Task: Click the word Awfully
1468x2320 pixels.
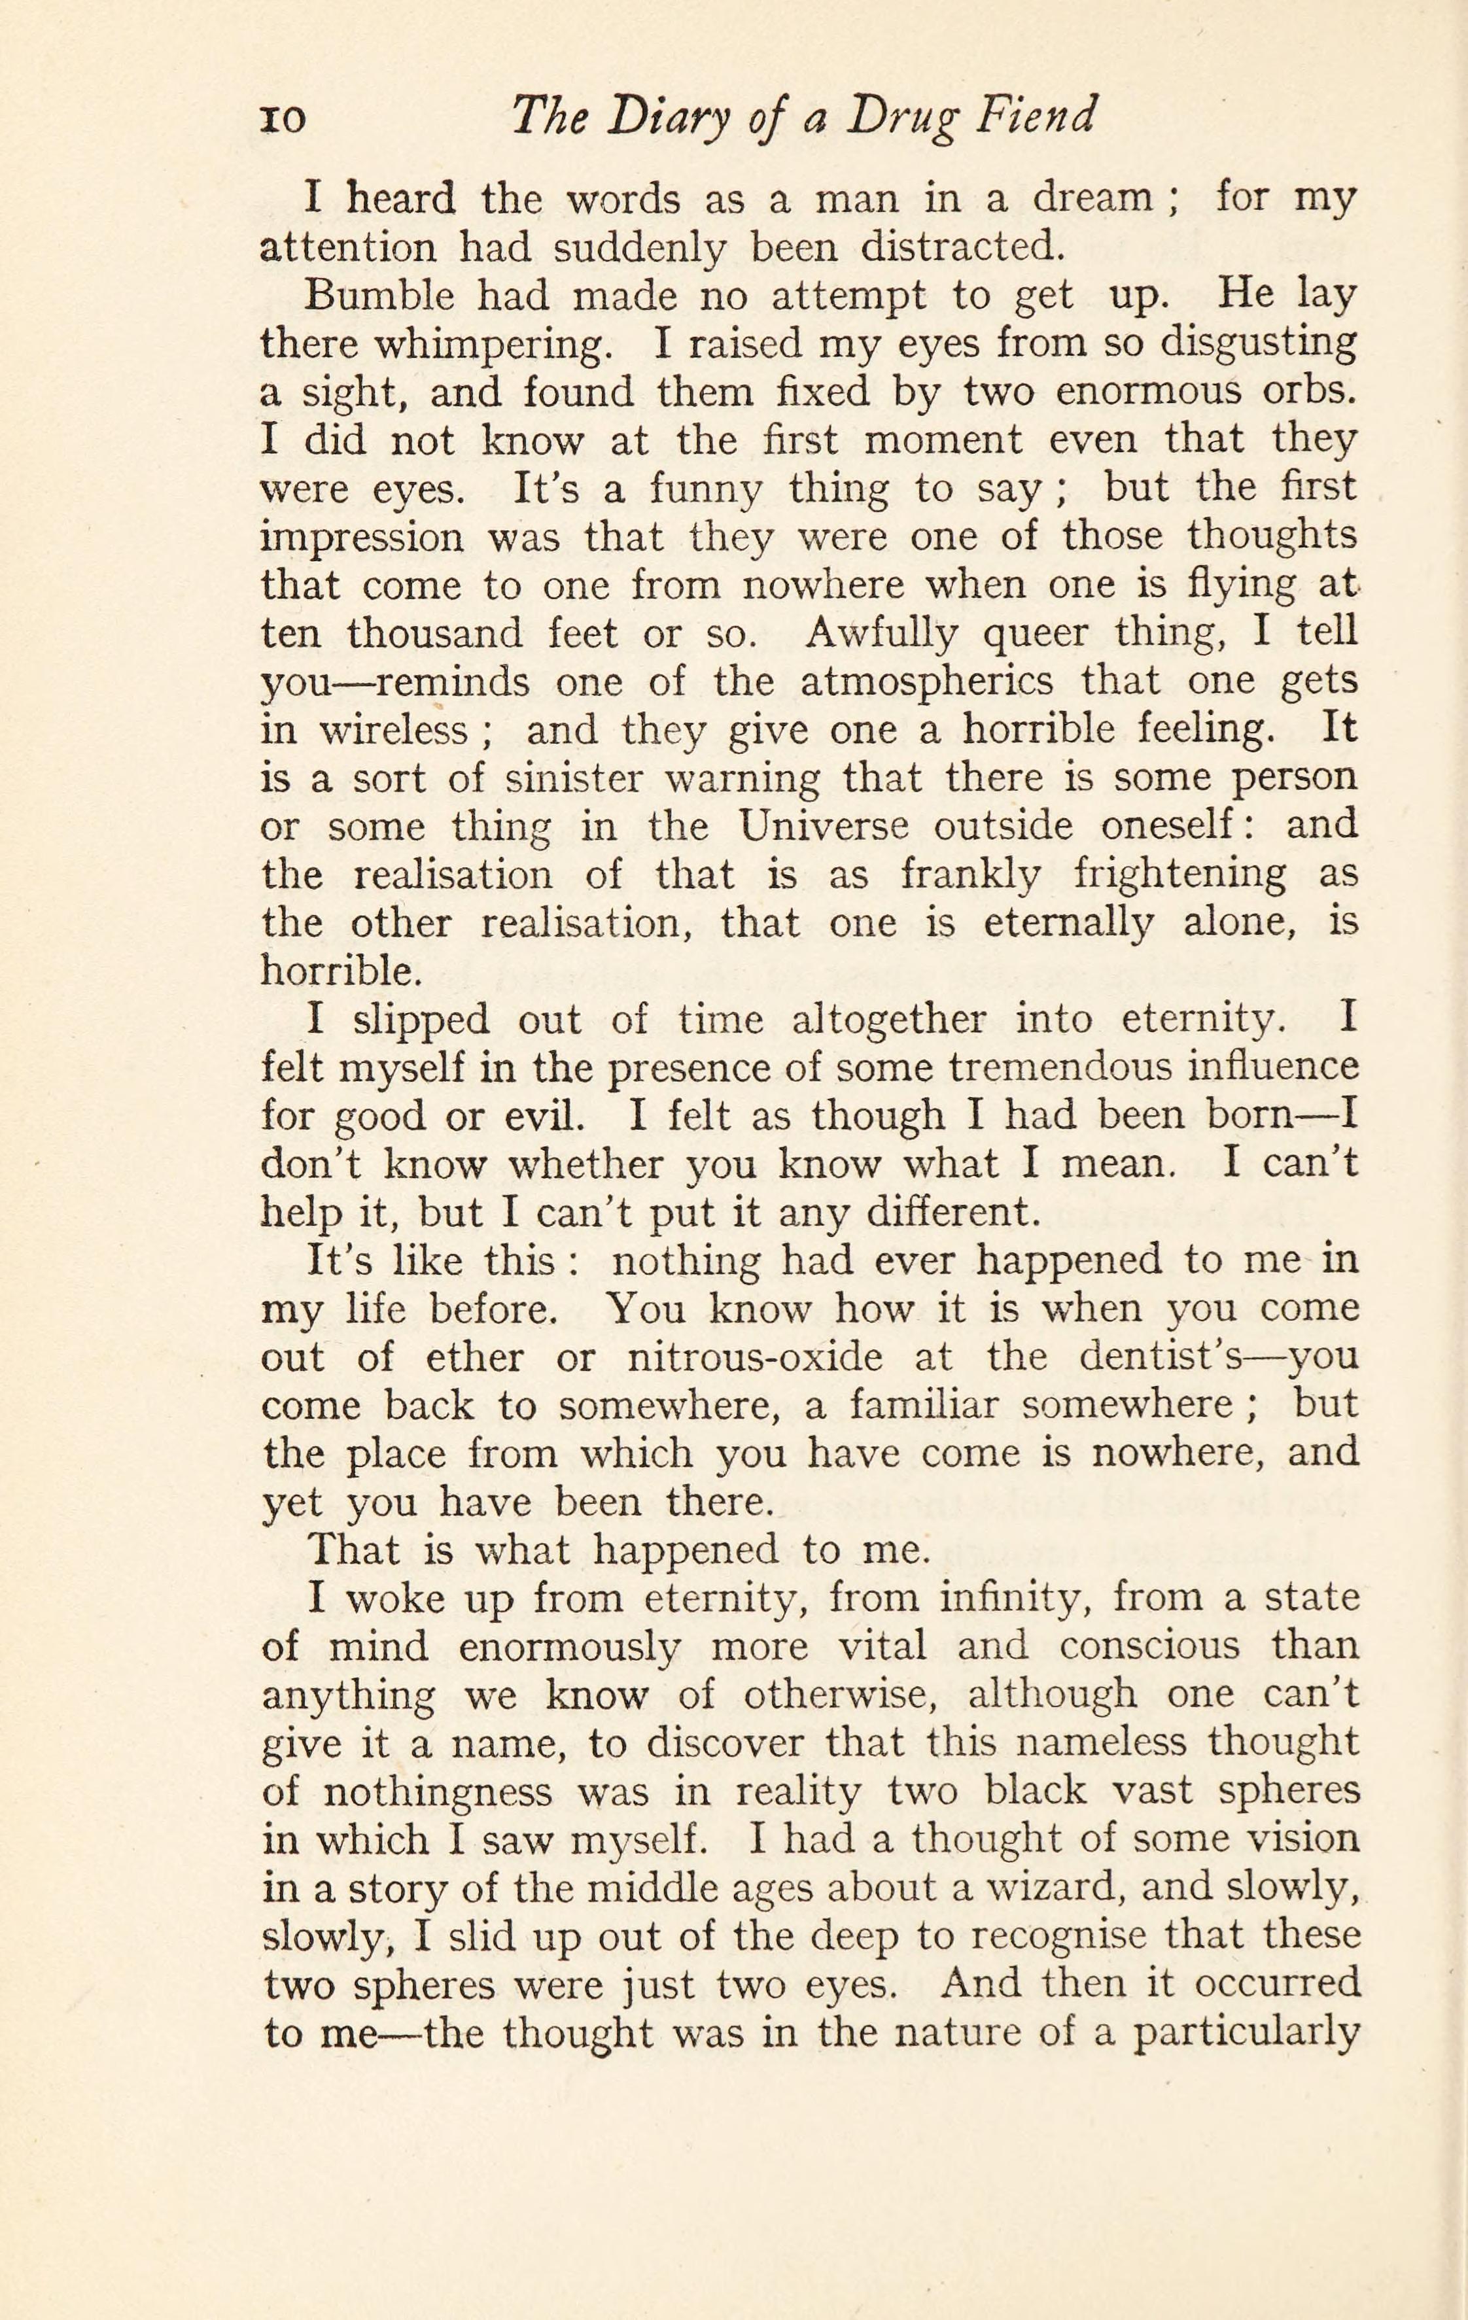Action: (x=869, y=634)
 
